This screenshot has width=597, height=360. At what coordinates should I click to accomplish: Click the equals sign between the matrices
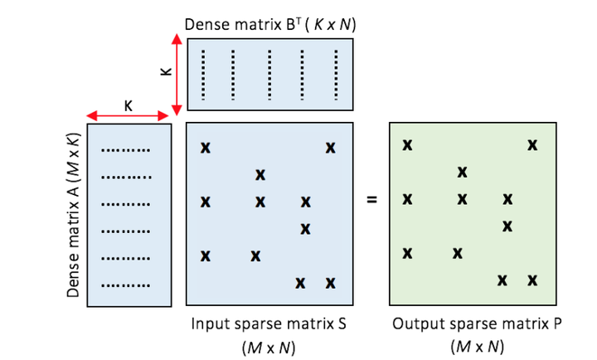pyautogui.click(x=371, y=199)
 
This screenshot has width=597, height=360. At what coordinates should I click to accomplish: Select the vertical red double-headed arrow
pyautogui.click(x=177, y=75)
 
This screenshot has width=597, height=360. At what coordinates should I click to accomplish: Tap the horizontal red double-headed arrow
pyautogui.click(x=128, y=115)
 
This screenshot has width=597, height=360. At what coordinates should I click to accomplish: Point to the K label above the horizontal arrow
pyautogui.click(x=129, y=105)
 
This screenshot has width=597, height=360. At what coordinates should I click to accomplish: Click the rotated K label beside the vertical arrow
pyautogui.click(x=167, y=71)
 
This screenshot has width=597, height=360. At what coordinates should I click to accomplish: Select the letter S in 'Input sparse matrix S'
pyautogui.click(x=342, y=324)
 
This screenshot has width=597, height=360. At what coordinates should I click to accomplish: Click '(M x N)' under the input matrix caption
pyautogui.click(x=269, y=347)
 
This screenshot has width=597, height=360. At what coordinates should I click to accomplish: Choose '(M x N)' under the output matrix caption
pyautogui.click(x=477, y=347)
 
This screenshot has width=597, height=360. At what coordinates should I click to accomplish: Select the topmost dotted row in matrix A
pyautogui.click(x=126, y=150)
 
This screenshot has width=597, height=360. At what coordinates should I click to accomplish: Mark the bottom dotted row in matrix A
pyautogui.click(x=126, y=285)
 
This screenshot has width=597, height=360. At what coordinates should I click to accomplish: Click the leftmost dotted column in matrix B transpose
pyautogui.click(x=203, y=75)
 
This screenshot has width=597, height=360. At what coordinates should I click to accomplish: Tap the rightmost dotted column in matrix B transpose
pyautogui.click(x=336, y=75)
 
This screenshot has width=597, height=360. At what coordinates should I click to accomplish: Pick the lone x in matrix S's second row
pyautogui.click(x=260, y=175)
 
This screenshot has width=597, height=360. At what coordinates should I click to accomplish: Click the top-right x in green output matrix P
pyautogui.click(x=532, y=145)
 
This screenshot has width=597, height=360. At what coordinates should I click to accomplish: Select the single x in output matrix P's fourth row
pyautogui.click(x=507, y=226)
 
